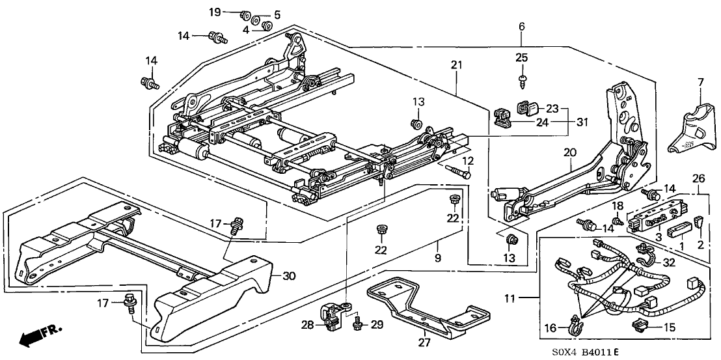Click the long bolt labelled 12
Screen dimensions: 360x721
click(458, 172)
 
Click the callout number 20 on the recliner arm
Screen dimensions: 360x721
click(570, 152)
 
